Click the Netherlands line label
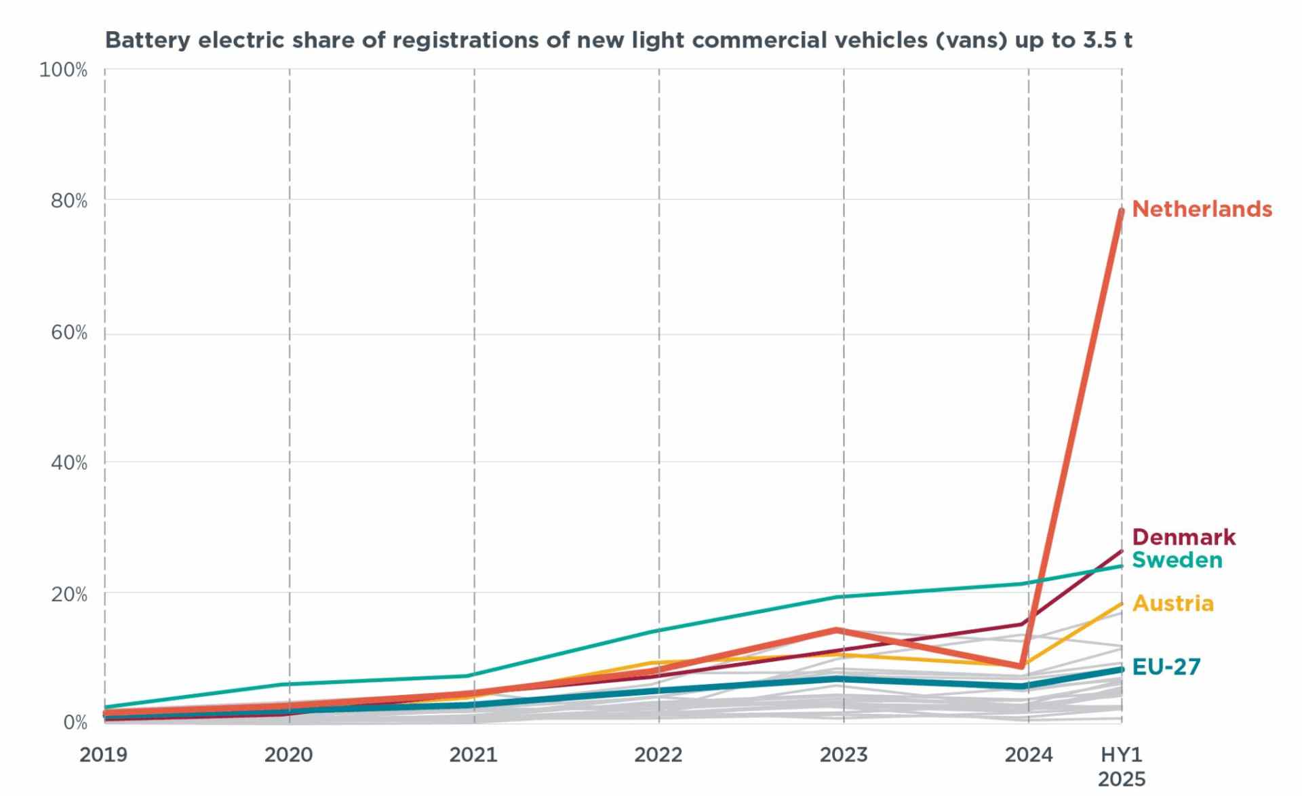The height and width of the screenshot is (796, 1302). (x=1202, y=209)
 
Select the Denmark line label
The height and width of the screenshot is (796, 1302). (x=1183, y=537)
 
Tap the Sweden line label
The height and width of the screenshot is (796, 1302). (x=1177, y=560)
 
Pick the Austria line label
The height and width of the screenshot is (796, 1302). (x=1172, y=603)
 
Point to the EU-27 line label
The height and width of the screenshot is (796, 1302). (x=1166, y=667)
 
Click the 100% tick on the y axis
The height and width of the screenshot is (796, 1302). (x=63, y=70)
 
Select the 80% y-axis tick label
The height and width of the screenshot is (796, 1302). (x=69, y=201)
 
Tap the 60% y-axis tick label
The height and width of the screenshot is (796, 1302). (x=69, y=332)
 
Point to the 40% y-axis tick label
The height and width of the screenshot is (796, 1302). (x=69, y=463)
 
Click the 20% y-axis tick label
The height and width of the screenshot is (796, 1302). (x=69, y=595)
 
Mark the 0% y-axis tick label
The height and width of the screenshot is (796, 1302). (x=75, y=723)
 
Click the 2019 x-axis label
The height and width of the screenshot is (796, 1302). (x=103, y=755)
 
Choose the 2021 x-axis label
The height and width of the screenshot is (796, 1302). (x=473, y=755)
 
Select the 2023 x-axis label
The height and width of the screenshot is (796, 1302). (x=844, y=755)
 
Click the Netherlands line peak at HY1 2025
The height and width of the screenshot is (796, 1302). (x=1122, y=211)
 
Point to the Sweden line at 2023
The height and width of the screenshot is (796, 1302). (x=844, y=597)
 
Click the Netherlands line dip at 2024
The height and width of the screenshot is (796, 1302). (x=1021, y=666)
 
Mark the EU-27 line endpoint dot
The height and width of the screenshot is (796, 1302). (x=1122, y=669)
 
